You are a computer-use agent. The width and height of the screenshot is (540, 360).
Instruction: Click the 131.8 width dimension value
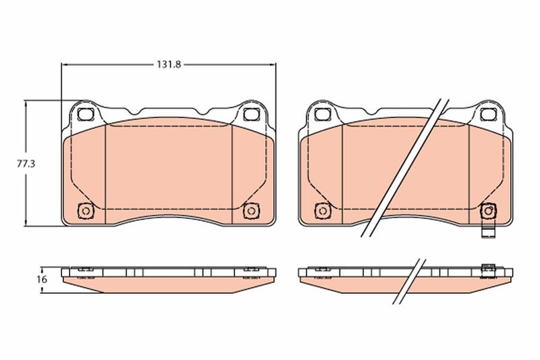(169, 64)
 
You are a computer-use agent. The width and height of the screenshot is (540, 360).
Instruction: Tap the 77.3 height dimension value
(26, 163)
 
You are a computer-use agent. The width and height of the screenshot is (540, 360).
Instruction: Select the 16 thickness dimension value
(42, 280)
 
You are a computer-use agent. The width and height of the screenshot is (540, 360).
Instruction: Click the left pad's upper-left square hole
(86, 114)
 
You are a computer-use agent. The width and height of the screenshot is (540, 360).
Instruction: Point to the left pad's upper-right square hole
(251, 114)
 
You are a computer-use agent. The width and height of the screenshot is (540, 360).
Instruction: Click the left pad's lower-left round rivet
(86, 211)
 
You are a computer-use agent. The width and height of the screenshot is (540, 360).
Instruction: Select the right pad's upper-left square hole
(323, 114)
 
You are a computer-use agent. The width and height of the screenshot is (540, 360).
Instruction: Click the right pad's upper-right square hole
(488, 114)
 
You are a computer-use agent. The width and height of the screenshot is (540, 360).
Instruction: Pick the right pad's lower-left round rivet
(323, 211)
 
